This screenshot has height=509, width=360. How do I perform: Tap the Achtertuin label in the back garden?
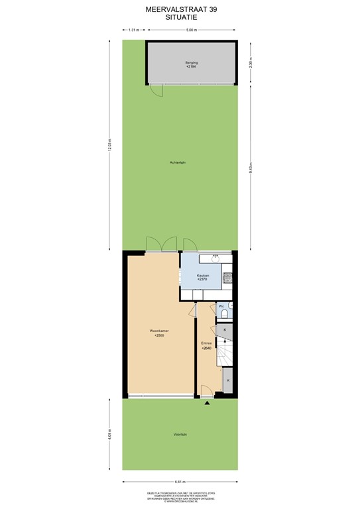pyautogui.click(x=176, y=162)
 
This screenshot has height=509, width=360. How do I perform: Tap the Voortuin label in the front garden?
pyautogui.click(x=179, y=435)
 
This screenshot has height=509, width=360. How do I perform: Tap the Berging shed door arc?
pyautogui.click(x=156, y=91)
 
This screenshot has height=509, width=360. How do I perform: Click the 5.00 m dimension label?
pyautogui.click(x=190, y=30)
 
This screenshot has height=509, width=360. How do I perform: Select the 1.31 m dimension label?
pyautogui.click(x=133, y=30)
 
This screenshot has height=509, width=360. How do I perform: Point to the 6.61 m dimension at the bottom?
pyautogui.click(x=179, y=481)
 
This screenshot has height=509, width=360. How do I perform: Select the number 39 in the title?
pyautogui.click(x=212, y=9)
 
